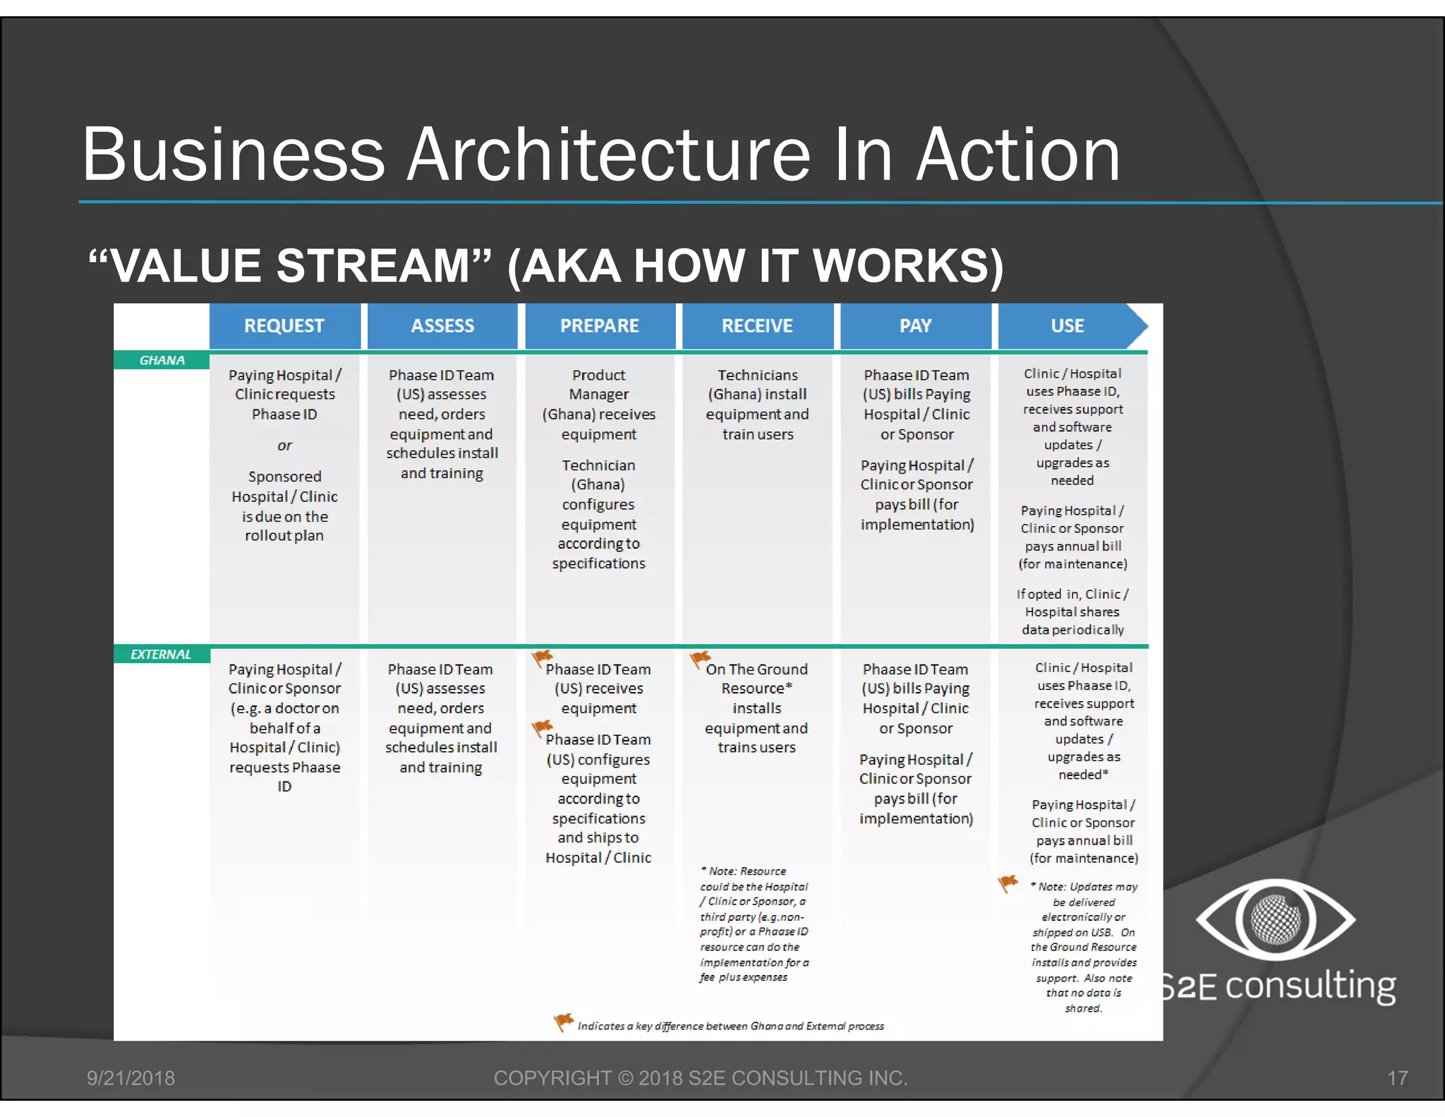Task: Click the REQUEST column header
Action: pyautogui.click(x=284, y=325)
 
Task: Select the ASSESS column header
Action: pyautogui.click(x=442, y=325)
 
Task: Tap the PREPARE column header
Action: pyautogui.click(x=599, y=325)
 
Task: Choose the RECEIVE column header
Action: pyautogui.click(x=757, y=325)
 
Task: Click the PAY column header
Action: pyautogui.click(x=915, y=325)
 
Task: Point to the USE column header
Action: pyautogui.click(x=1067, y=325)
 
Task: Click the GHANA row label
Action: pyautogui.click(x=162, y=360)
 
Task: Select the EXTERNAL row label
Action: pyautogui.click(x=161, y=655)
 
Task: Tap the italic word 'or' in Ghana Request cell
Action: pyautogui.click(x=284, y=446)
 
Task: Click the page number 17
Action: pyautogui.click(x=1397, y=1078)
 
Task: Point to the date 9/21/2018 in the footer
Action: pyautogui.click(x=131, y=1078)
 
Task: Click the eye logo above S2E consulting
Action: pyautogui.click(x=1275, y=920)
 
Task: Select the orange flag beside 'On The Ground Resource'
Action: pyautogui.click(x=699, y=659)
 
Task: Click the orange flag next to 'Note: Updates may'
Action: pyautogui.click(x=1008, y=883)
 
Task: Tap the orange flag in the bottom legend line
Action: pyautogui.click(x=563, y=1021)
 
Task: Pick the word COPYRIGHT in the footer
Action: pyautogui.click(x=552, y=1078)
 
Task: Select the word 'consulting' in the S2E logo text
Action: pyautogui.click(x=1310, y=986)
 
